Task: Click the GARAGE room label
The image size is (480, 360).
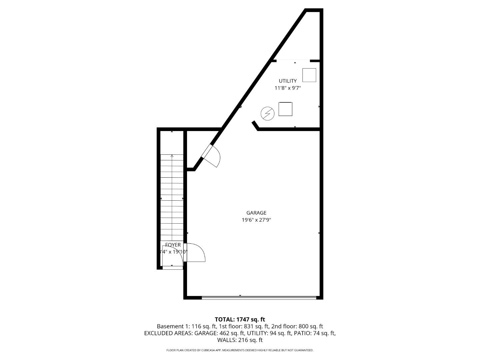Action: point(256,213)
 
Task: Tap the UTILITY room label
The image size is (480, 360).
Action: point(288,81)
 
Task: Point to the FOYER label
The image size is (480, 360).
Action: point(173,245)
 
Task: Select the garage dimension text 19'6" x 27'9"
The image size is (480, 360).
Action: point(256,220)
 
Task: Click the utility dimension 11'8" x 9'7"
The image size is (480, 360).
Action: point(288,88)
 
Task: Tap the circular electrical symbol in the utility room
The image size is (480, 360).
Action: point(267,114)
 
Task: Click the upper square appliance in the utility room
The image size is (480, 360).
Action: point(309,75)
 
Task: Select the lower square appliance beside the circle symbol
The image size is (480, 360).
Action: point(285,109)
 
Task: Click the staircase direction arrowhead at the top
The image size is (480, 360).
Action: point(172,156)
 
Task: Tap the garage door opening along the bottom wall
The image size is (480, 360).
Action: point(259,297)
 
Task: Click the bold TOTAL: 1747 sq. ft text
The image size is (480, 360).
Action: point(240,320)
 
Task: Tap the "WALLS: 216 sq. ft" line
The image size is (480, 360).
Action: point(240,340)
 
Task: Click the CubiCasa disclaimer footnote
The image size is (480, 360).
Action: point(240,350)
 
